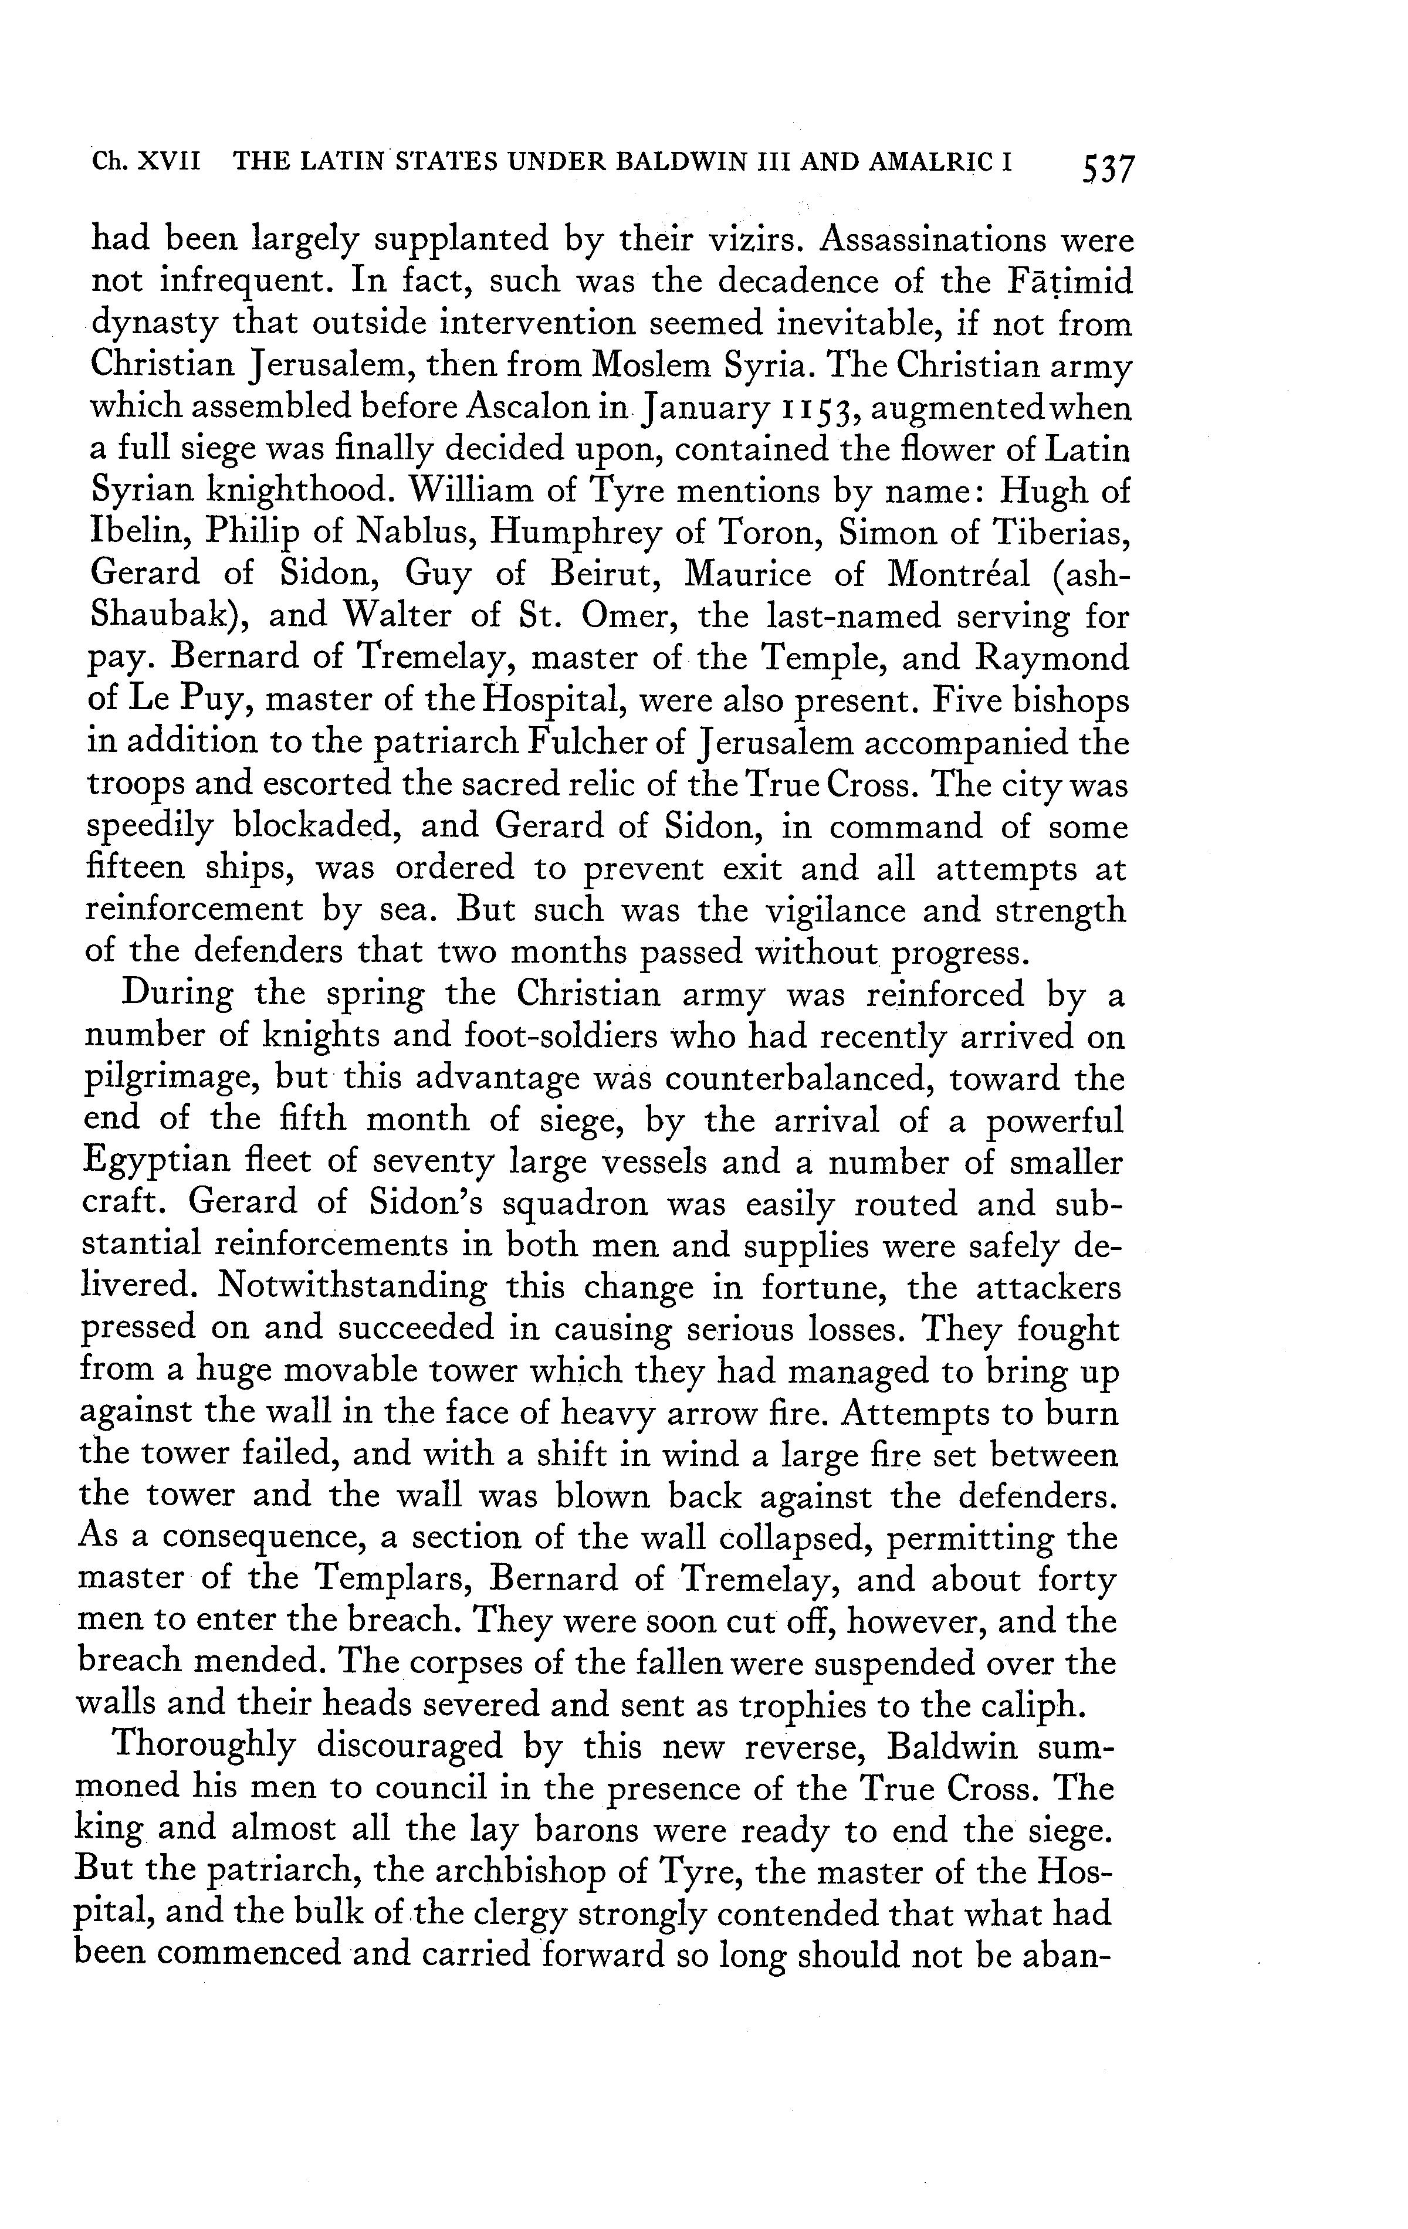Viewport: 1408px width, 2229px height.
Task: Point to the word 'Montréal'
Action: coord(958,574)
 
